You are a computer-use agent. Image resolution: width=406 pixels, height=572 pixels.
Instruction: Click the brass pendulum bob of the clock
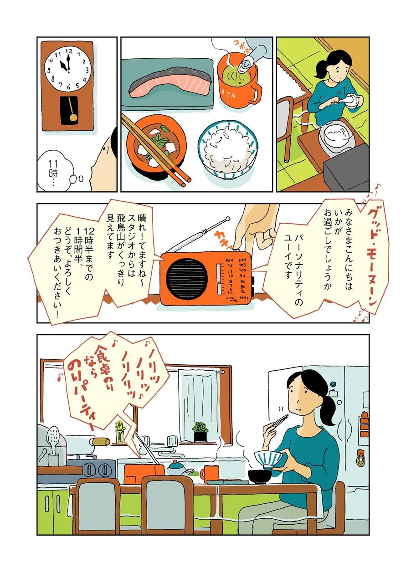tap(74, 117)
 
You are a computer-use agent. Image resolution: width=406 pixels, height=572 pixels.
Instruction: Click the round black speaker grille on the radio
tap(188, 276)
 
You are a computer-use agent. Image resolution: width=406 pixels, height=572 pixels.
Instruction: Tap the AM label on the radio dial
tap(230, 260)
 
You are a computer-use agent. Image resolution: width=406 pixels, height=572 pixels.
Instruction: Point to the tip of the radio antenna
tap(228, 219)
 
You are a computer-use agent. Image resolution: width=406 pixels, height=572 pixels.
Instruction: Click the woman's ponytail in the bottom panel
tap(329, 409)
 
